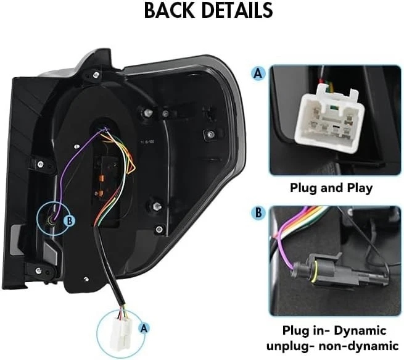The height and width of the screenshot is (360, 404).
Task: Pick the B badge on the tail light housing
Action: click(x=70, y=219)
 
